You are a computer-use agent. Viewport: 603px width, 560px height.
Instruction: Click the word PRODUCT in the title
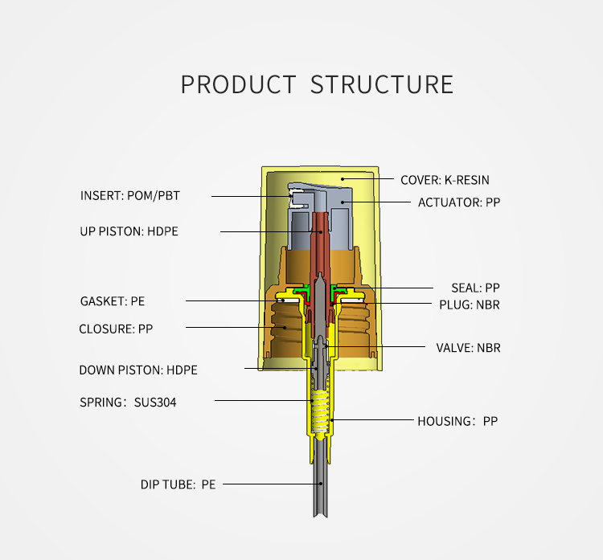[x=239, y=84]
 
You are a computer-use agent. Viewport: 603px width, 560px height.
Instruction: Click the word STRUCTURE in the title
[x=382, y=84]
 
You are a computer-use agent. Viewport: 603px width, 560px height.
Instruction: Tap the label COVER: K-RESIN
[x=445, y=180]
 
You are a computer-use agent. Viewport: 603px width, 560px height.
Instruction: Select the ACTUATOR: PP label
[x=459, y=202]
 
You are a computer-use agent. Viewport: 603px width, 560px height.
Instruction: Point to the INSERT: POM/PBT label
[x=130, y=195]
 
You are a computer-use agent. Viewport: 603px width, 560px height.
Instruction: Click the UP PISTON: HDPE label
[x=129, y=231]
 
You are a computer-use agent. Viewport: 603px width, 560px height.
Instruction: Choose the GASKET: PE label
[x=113, y=301]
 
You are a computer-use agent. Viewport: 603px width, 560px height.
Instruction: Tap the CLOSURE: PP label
[x=116, y=329]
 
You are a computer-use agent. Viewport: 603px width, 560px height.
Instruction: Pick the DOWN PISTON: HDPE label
[x=138, y=370]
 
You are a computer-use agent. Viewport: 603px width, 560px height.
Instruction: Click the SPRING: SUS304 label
[x=128, y=402]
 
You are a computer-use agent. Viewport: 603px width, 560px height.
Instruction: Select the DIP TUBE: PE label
[x=178, y=484]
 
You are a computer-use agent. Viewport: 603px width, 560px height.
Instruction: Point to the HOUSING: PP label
[x=457, y=421]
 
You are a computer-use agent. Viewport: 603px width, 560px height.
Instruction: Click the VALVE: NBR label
[x=469, y=348]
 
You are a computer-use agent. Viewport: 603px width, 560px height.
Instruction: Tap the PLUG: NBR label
[x=470, y=305]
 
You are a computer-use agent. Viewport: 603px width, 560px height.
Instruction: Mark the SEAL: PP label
[x=476, y=288]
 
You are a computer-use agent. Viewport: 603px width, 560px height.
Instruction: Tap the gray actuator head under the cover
[x=320, y=215]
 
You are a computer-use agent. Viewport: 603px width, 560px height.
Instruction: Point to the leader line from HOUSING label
[x=372, y=419]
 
